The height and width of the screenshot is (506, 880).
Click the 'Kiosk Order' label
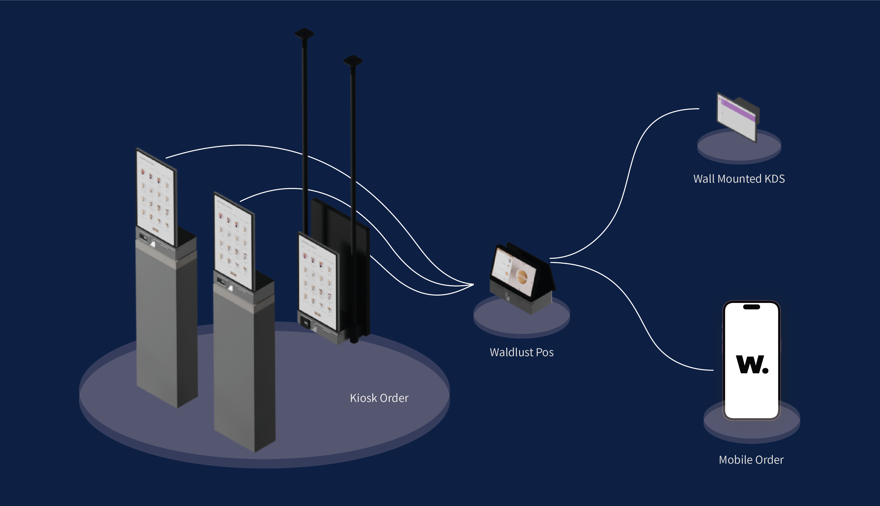(x=379, y=398)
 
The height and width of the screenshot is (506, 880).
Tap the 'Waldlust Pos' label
(x=522, y=352)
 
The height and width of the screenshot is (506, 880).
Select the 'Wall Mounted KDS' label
(x=739, y=179)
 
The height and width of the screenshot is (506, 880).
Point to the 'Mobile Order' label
(x=751, y=460)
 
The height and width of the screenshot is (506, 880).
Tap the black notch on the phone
(x=752, y=307)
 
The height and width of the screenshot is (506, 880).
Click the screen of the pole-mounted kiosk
(x=318, y=282)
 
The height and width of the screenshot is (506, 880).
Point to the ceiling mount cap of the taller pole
(x=304, y=34)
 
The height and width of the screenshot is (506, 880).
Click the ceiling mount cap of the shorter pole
(x=353, y=61)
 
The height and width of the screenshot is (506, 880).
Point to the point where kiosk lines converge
(x=473, y=285)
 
